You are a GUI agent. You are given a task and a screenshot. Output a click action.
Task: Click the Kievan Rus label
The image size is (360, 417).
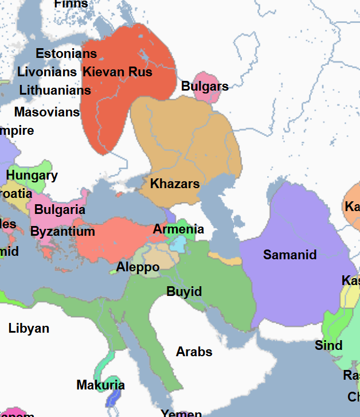118,72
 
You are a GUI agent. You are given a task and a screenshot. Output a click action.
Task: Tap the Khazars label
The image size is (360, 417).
175,184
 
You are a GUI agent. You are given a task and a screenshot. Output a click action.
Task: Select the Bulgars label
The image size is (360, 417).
205,87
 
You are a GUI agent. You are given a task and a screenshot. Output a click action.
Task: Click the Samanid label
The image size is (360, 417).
289,255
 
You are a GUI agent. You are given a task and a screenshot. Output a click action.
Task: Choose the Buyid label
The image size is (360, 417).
184,292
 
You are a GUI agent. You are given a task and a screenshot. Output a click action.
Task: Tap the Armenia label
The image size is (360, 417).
178,229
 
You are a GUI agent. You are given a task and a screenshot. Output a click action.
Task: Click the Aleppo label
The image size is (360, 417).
138,267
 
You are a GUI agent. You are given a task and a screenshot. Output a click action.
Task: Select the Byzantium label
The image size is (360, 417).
62,232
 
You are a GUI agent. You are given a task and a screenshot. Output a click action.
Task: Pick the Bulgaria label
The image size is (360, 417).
60,209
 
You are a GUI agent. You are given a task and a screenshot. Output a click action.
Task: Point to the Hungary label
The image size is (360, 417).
32,176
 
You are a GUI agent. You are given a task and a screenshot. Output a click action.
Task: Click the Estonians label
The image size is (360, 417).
66,54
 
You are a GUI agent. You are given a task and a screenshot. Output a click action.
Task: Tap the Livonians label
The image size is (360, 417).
47,72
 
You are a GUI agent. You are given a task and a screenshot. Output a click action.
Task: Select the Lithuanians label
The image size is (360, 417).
55,91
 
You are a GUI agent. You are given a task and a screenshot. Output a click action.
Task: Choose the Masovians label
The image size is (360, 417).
47,112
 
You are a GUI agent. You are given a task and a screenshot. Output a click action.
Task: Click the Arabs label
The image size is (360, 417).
194,352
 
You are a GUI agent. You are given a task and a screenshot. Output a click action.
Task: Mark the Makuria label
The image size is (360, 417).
100,385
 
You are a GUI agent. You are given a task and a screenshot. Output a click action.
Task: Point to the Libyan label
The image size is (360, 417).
29,329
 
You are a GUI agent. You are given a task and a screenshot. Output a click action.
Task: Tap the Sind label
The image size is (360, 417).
328,345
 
